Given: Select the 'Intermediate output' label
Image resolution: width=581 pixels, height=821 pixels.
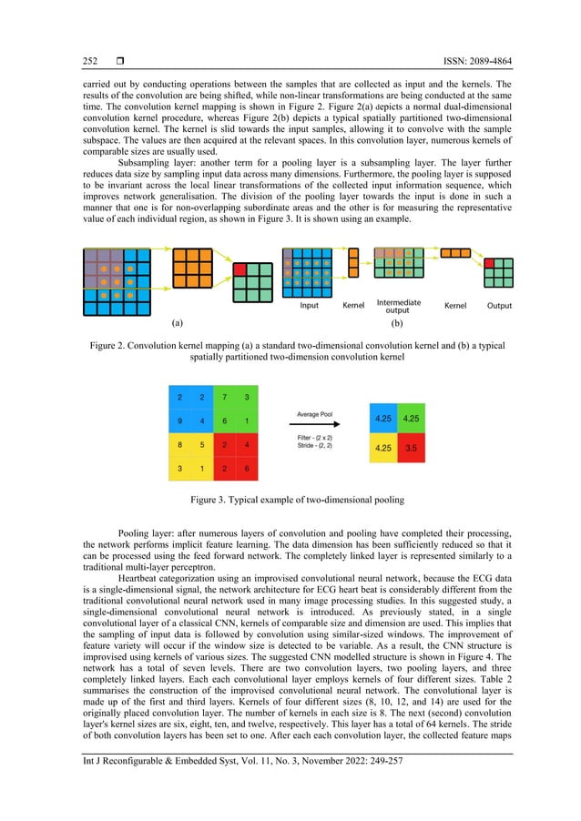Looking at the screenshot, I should [398, 306].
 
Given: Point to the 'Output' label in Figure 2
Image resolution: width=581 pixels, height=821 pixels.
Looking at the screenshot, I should [499, 306].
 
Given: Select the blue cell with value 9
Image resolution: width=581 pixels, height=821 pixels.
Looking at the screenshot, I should [178, 421].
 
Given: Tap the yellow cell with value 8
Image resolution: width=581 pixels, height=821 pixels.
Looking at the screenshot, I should [178, 445].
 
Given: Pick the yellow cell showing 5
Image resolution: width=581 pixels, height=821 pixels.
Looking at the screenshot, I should [201, 445].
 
